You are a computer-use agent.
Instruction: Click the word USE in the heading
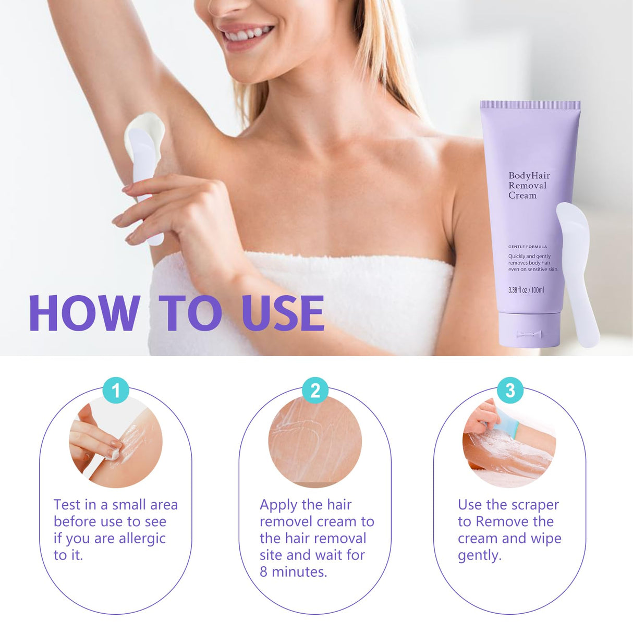(x=283, y=313)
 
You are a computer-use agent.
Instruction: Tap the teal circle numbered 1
(x=116, y=390)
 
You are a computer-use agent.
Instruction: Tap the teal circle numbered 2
(x=315, y=390)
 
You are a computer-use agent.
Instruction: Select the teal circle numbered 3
(x=510, y=390)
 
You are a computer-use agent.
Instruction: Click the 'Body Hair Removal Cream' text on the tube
(x=529, y=186)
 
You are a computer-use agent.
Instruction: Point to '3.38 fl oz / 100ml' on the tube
(x=526, y=290)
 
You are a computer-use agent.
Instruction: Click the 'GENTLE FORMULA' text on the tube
(x=527, y=247)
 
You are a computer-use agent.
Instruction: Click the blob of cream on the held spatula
(x=146, y=128)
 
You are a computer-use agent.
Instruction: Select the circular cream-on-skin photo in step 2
(x=315, y=442)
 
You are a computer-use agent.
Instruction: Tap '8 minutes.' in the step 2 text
(x=293, y=572)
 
